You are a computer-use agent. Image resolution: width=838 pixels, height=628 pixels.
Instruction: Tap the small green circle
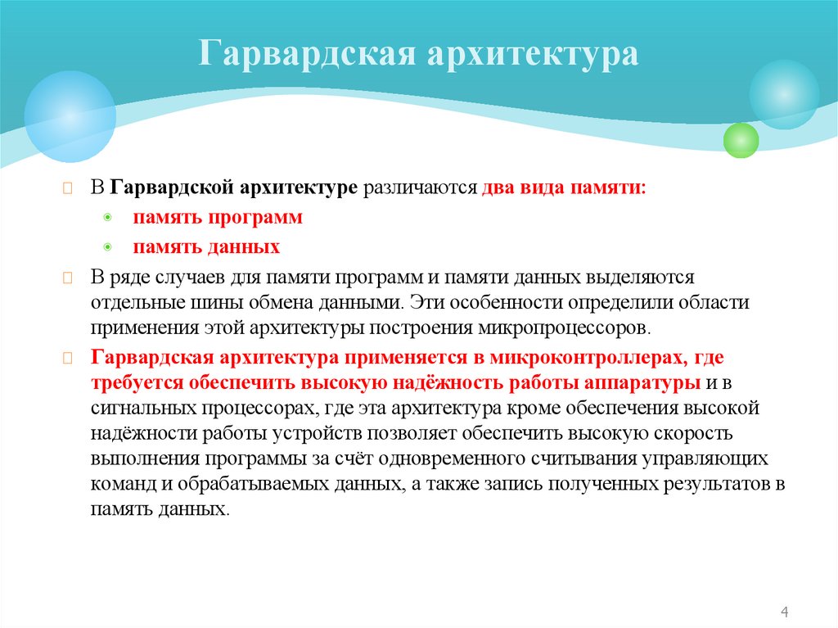(x=741, y=139)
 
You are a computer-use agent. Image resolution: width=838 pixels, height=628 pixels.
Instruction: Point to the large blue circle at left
(x=70, y=116)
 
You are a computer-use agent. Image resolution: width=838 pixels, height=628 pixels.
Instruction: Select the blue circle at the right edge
(x=784, y=94)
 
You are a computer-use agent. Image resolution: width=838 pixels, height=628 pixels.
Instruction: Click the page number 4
(x=785, y=612)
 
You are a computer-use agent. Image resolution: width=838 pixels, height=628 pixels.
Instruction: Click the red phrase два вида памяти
(x=564, y=187)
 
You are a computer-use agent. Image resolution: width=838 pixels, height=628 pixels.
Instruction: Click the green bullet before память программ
(x=109, y=219)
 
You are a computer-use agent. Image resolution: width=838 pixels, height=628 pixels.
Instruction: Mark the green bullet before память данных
(x=109, y=247)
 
